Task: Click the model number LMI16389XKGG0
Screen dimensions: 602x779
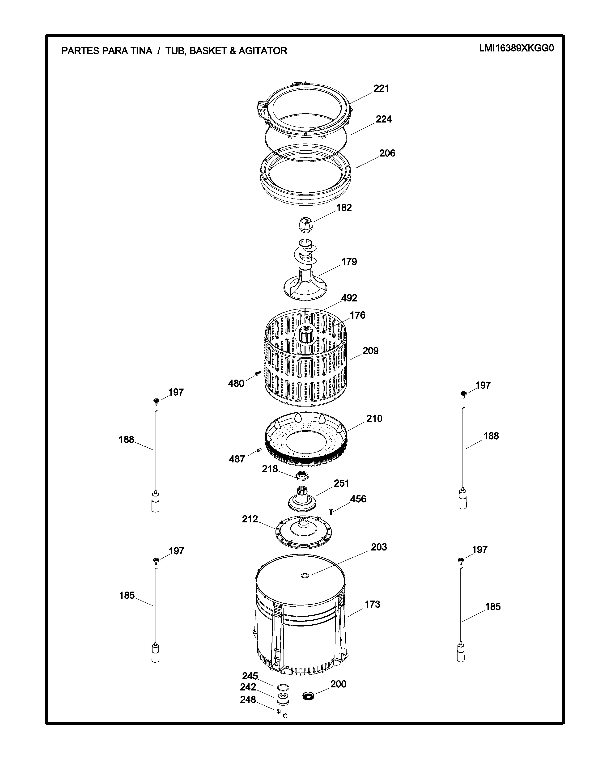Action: [x=516, y=48]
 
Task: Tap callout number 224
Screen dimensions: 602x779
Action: [x=383, y=119]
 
